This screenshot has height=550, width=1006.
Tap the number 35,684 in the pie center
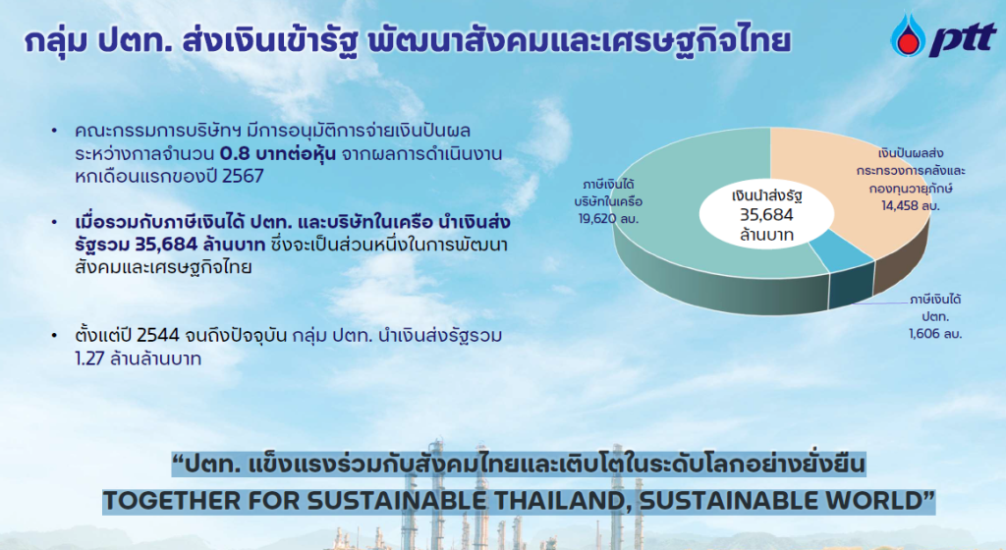tap(766, 215)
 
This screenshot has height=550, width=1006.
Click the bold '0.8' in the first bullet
tap(235, 154)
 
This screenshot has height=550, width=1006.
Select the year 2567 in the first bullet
tap(243, 176)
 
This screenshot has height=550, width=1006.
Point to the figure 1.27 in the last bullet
tap(89, 358)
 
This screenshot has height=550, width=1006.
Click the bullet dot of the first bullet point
tap(55, 132)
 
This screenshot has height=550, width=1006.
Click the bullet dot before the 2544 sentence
tap(55, 336)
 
